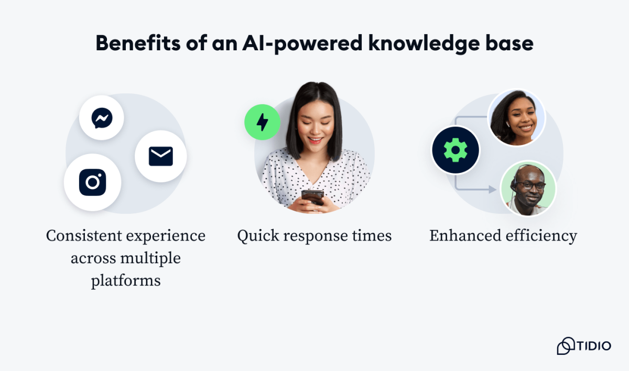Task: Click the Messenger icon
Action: tap(101, 118)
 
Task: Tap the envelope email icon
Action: tap(160, 156)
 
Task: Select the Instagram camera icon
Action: tap(93, 182)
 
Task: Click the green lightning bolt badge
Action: tap(262, 122)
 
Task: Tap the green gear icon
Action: tap(455, 150)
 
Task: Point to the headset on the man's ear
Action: tap(515, 184)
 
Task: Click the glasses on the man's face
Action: tap(530, 185)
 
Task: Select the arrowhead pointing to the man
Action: tap(492, 189)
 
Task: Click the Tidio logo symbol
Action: tap(566, 346)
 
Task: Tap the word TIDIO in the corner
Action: tap(594, 346)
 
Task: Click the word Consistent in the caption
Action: tap(82, 236)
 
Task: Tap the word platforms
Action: tap(126, 281)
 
